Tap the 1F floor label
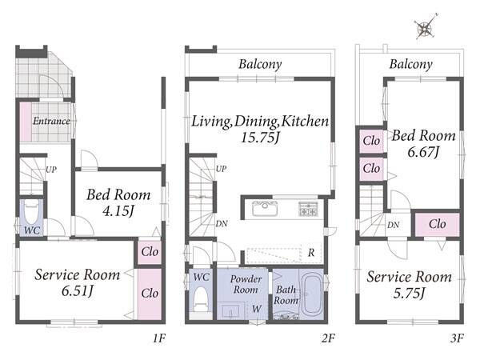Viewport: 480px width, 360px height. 159,338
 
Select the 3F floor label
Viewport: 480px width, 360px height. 457,338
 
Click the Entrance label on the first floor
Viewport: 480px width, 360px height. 51,121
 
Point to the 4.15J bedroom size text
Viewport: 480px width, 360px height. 118,210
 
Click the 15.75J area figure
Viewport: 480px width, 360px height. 260,137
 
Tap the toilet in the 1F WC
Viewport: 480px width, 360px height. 31,212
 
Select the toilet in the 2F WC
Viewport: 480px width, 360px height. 201,299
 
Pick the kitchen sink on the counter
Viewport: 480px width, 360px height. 265,208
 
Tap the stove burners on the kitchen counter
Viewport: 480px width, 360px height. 308,209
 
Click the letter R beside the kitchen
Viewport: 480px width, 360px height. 311,253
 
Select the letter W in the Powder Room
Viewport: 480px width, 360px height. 257,309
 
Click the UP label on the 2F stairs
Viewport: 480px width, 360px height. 222,169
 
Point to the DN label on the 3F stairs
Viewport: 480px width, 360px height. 393,226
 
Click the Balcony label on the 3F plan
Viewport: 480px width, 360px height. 411,64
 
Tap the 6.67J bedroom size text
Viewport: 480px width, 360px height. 424,152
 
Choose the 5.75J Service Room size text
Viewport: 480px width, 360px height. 410,294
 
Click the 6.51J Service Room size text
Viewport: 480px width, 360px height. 77,291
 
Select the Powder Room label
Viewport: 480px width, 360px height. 246,284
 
